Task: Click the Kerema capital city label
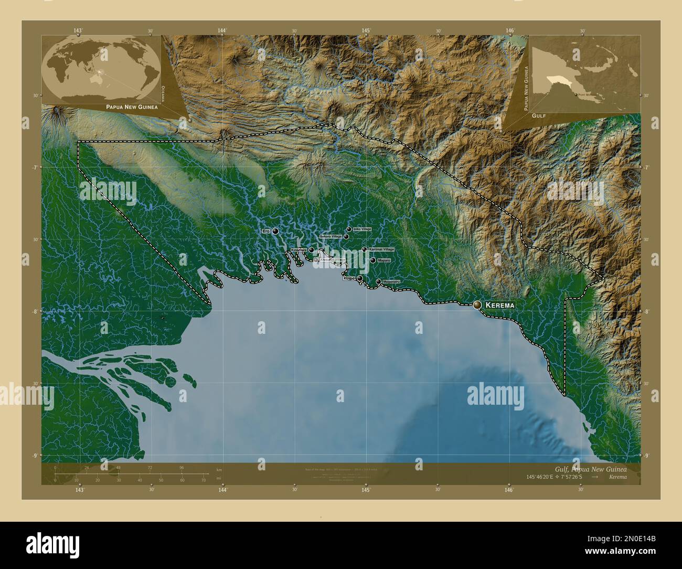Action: tap(500, 305)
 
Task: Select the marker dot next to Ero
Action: tap(275, 231)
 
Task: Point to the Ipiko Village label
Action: tap(362, 229)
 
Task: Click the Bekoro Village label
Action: tap(331, 237)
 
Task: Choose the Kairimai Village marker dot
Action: tap(365, 249)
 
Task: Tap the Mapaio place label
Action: tap(384, 260)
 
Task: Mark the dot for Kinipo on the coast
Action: tap(360, 279)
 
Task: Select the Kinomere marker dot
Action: tap(311, 250)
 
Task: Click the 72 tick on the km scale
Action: tap(150, 467)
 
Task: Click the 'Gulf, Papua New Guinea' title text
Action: tap(590, 468)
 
